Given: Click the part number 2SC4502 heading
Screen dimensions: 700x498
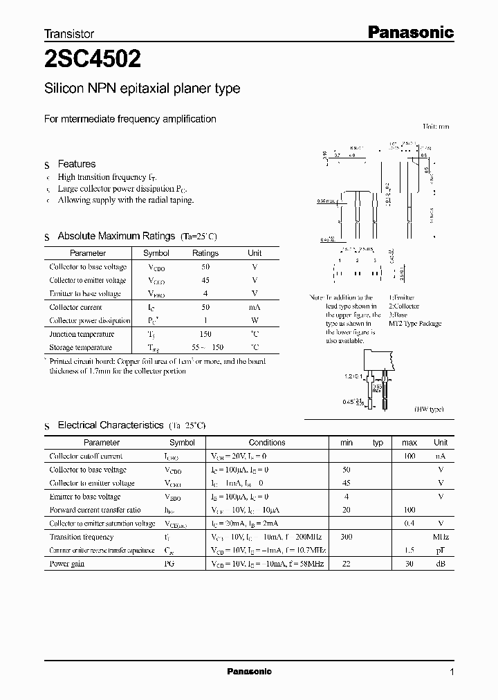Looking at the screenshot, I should [x=93, y=60].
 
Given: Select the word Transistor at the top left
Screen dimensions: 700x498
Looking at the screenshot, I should [x=69, y=33].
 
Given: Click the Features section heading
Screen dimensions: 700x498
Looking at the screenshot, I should [x=77, y=164].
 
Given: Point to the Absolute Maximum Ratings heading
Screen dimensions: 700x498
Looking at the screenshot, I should [x=116, y=236].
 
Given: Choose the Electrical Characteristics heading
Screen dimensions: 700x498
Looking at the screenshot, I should [x=111, y=425].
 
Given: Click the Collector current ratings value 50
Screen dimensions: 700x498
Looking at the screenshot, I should [x=205, y=307].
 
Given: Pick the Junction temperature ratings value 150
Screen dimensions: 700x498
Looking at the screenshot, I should [x=205, y=334].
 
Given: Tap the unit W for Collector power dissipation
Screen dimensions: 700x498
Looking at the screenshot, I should [x=255, y=321].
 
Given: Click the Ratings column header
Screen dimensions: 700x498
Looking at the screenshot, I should [x=205, y=253].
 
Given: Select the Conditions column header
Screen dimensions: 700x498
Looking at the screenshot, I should [x=267, y=443].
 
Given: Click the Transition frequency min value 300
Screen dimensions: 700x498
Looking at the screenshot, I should [x=347, y=537].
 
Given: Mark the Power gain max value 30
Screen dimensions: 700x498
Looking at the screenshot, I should [x=409, y=564].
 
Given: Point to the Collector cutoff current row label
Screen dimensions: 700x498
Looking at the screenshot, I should [x=86, y=457].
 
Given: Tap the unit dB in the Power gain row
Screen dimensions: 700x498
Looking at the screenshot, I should [x=441, y=564].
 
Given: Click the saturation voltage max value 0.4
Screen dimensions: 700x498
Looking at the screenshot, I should [x=409, y=524].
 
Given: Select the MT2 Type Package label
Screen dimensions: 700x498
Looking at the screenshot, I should [x=415, y=324].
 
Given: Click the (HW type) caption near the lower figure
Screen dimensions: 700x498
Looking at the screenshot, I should [x=429, y=409].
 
